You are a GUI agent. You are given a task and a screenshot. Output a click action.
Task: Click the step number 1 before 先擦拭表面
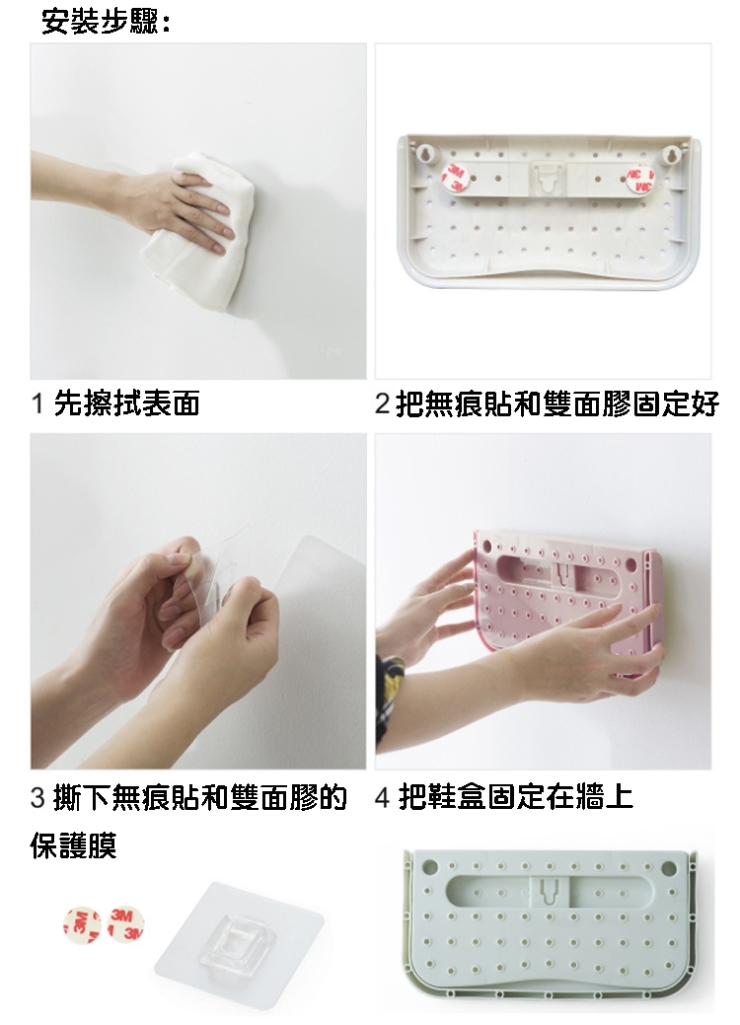(x=37, y=403)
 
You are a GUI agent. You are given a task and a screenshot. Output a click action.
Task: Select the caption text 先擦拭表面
(x=127, y=403)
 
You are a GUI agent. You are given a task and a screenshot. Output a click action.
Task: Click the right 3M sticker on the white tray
(x=639, y=180)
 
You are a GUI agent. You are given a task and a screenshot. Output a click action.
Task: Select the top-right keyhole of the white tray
(x=671, y=155)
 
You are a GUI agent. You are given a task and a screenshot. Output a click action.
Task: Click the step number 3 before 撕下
(x=37, y=797)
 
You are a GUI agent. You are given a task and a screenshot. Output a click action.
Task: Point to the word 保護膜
(x=74, y=844)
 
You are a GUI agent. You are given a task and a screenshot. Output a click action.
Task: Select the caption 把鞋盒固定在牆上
(x=516, y=797)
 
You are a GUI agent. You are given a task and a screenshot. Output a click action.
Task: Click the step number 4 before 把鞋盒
(x=382, y=797)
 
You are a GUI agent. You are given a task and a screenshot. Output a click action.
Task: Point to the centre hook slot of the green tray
(x=549, y=889)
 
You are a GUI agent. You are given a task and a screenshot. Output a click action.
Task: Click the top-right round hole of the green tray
(x=669, y=869)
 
